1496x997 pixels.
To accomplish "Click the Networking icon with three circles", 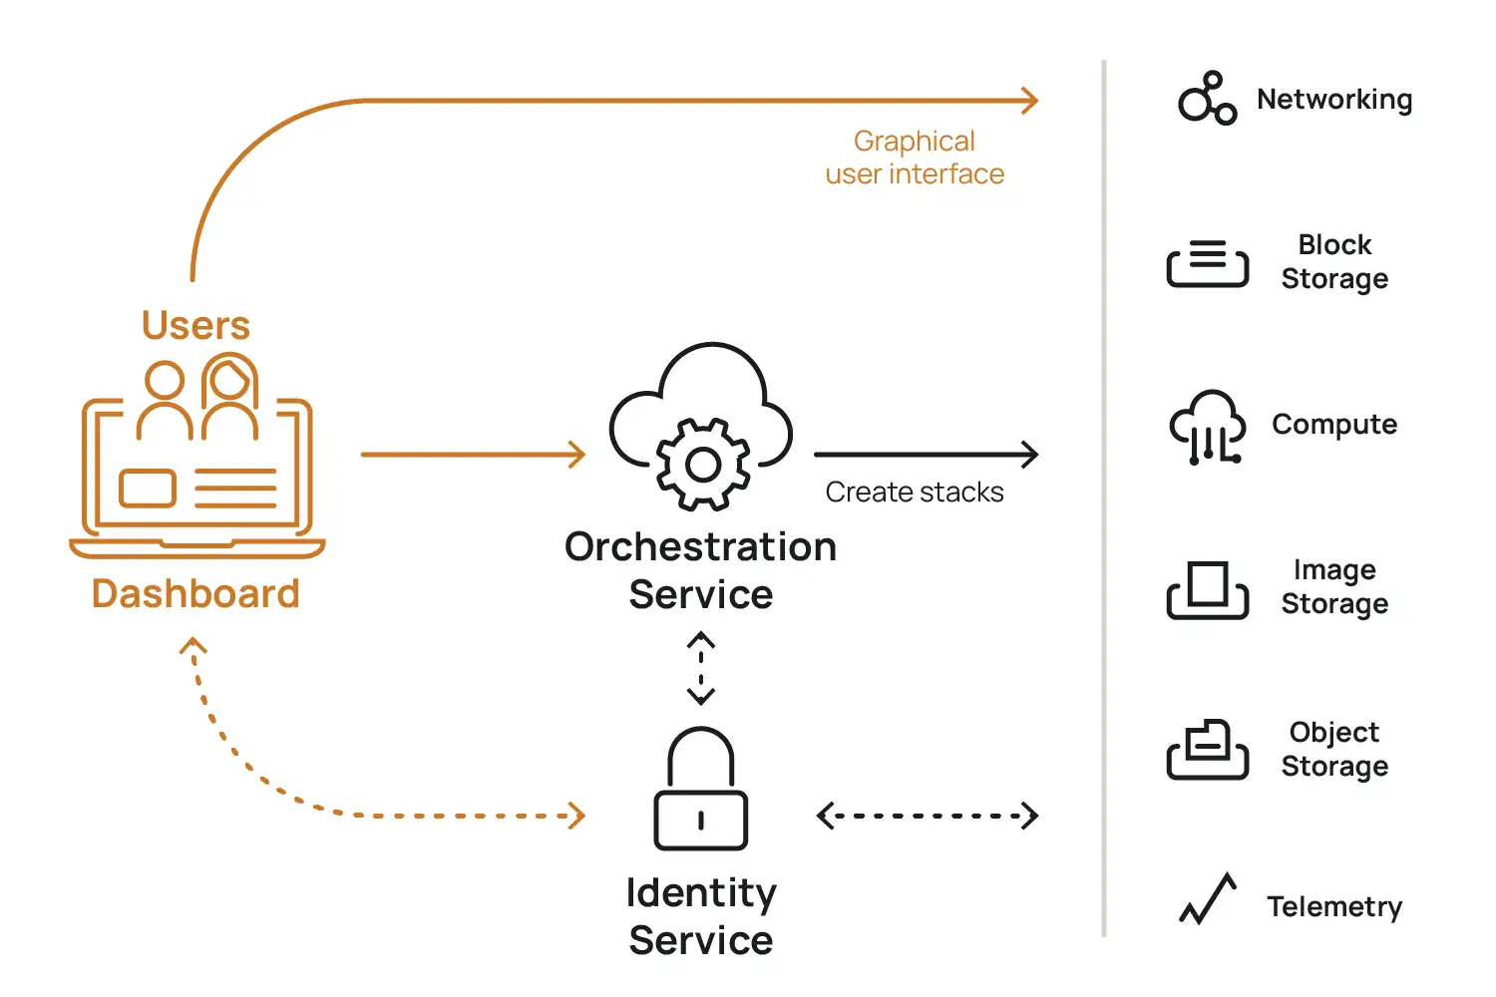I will tap(1207, 99).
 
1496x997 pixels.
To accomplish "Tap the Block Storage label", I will tap(1334, 261).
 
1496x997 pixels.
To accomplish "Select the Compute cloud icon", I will tap(1207, 426).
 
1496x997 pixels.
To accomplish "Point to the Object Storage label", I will tap(1334, 749).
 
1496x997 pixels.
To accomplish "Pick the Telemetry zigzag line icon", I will tap(1208, 899).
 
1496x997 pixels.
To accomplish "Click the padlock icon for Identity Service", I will tap(701, 790).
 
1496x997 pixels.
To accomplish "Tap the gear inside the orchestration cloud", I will tap(703, 465).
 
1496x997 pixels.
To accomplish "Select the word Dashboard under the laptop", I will tap(195, 594).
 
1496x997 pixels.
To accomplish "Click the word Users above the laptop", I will tap(195, 326).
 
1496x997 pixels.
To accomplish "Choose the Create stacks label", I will tap(915, 493).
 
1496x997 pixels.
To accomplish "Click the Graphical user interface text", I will tap(915, 158).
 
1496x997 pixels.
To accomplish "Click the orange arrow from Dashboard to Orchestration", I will tap(473, 455).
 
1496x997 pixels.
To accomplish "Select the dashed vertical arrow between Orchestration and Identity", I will tap(701, 668).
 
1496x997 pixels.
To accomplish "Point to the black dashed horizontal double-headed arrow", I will tap(928, 816).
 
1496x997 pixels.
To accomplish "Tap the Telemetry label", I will tap(1334, 907).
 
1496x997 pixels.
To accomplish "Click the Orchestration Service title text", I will tap(701, 570).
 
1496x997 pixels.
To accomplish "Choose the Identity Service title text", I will tap(701, 916).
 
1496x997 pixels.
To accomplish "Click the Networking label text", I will tap(1334, 100).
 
